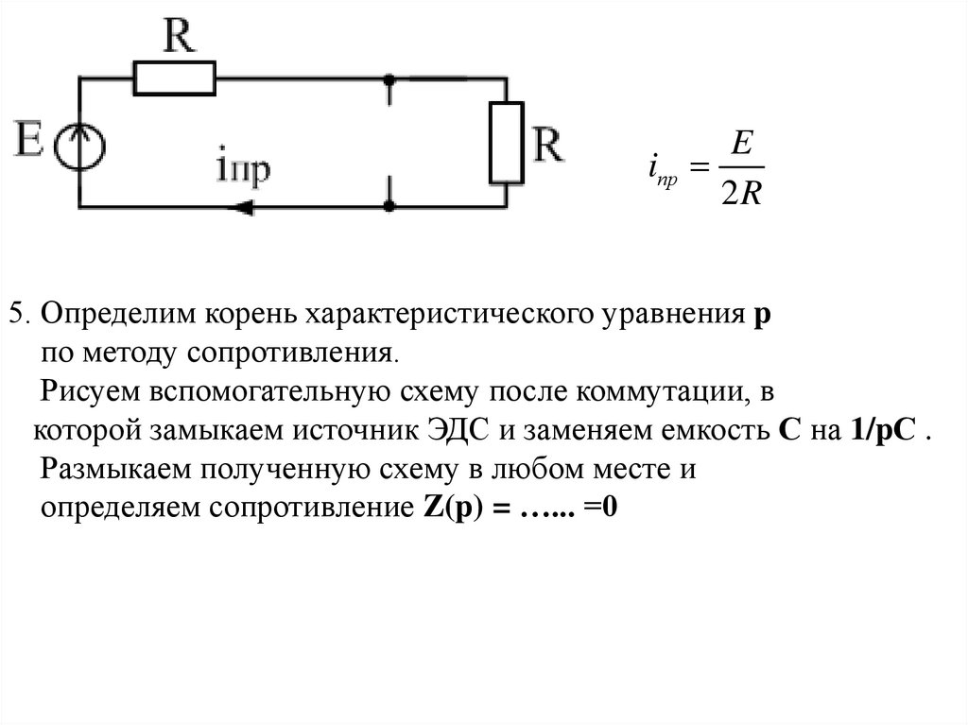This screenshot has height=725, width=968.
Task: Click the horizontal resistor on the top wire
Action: pyautogui.click(x=175, y=78)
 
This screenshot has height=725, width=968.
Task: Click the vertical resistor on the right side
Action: pyautogui.click(x=506, y=142)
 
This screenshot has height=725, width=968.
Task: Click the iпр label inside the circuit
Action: pyautogui.click(x=243, y=170)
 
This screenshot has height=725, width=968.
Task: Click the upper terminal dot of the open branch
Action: pyautogui.click(x=389, y=80)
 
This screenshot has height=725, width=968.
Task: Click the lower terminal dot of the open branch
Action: pyautogui.click(x=389, y=204)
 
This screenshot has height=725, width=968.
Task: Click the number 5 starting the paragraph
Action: pyautogui.click(x=14, y=315)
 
